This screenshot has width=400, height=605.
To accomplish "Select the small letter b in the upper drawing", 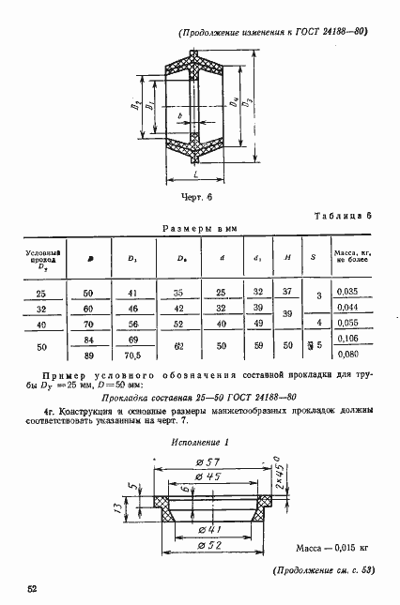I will coord(179,115).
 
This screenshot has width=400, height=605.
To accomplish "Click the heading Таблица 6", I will coord(343,216).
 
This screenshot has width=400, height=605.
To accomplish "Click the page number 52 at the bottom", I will coord(33,586).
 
